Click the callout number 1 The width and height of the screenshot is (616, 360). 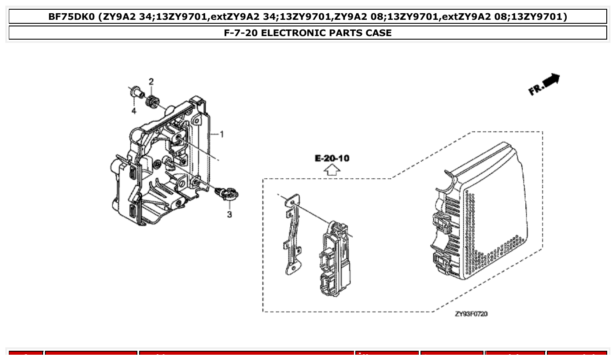222,134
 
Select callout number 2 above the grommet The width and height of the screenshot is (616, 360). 151,81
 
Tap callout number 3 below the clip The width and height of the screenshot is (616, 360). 229,214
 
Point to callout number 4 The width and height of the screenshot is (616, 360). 134,111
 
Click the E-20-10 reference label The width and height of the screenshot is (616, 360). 332,158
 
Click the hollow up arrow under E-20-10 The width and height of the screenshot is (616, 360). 332,170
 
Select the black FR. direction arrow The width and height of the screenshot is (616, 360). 551,81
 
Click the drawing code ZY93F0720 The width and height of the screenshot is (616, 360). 471,314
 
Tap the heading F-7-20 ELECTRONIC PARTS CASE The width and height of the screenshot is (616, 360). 308,33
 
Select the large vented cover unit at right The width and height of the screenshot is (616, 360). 480,211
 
